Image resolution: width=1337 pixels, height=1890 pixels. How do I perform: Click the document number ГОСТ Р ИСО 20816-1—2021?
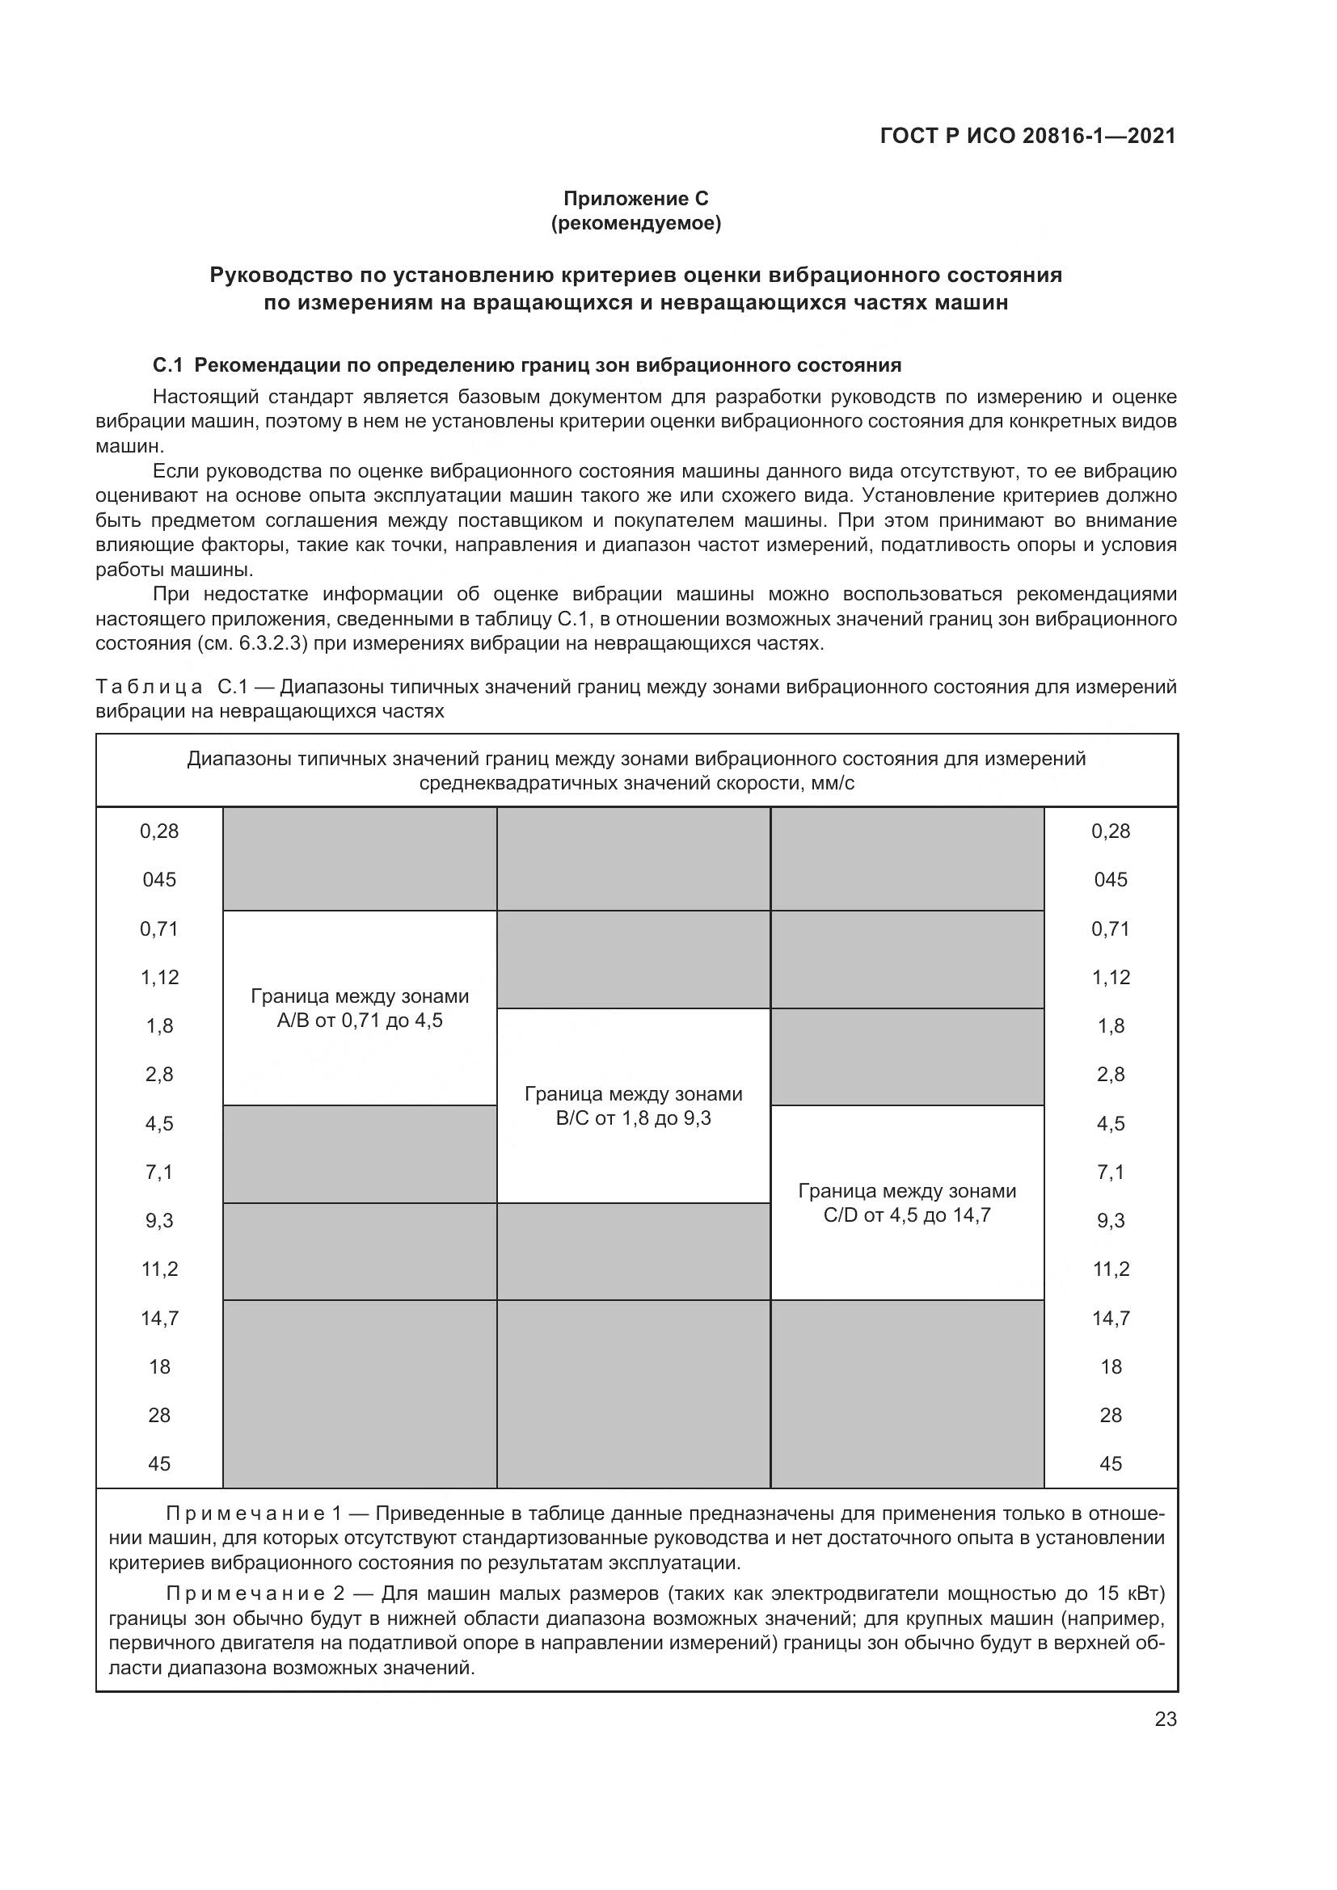pos(1027,136)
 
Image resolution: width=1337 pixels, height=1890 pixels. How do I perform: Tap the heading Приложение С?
pos(635,199)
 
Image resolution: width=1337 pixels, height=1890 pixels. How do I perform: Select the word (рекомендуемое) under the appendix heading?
pos(635,223)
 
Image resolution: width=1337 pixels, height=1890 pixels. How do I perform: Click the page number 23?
pos(1166,1720)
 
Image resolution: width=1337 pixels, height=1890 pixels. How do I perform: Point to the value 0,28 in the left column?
pos(160,831)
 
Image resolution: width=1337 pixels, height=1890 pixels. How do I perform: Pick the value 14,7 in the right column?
pos(1111,1318)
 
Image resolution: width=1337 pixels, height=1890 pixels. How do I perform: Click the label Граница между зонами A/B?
pos(360,1008)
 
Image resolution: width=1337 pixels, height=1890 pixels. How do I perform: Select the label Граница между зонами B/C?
pos(633,1105)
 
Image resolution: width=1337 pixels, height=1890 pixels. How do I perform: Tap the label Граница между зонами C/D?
pos(907,1202)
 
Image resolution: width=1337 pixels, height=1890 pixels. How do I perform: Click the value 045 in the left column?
pos(160,880)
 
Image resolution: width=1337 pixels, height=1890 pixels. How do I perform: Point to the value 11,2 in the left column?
pos(160,1269)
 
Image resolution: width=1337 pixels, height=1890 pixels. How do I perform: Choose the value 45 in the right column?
pos(1111,1463)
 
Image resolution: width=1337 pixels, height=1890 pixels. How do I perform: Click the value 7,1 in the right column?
pos(1111,1172)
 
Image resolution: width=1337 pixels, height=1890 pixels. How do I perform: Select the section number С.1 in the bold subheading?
pos(167,364)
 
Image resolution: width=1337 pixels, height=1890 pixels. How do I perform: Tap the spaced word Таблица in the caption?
pos(150,687)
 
